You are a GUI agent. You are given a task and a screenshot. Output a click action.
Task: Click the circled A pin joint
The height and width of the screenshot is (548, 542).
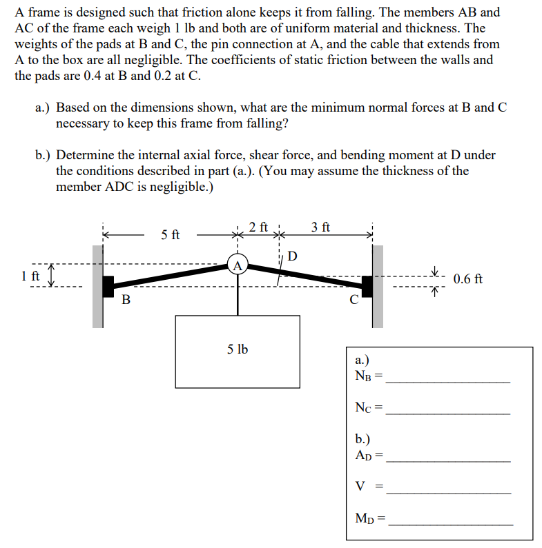238,265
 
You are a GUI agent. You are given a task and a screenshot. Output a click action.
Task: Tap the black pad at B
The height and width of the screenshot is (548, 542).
108,285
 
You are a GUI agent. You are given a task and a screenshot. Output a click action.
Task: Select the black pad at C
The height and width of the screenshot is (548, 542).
367,285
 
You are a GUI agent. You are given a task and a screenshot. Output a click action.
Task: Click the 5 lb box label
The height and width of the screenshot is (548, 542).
238,349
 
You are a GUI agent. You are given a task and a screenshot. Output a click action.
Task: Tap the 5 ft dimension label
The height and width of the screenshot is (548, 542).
171,235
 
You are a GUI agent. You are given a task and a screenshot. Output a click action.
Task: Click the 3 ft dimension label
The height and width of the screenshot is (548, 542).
320,227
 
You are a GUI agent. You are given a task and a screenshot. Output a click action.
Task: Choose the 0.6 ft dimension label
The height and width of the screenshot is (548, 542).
468,279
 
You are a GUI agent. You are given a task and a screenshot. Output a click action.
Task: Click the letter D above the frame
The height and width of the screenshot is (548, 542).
292,257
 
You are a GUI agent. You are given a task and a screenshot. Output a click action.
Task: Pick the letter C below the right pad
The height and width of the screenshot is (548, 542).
354,301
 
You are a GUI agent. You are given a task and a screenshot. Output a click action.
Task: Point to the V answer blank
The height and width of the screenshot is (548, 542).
449,492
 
